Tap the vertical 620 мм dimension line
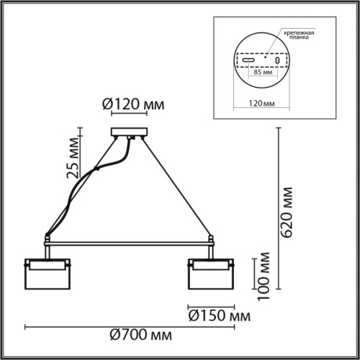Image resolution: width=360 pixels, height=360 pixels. (278, 209)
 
